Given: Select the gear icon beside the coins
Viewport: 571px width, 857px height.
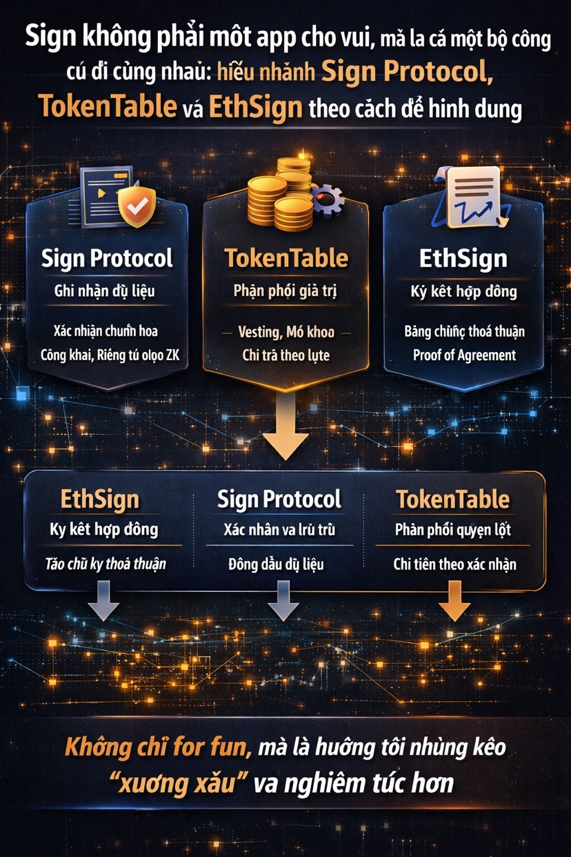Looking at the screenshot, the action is [x=328, y=198].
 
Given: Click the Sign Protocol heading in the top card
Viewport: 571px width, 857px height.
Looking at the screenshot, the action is [x=107, y=259].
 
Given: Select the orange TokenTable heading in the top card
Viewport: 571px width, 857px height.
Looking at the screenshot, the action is [x=285, y=259].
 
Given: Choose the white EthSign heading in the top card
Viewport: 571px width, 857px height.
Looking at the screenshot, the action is [x=463, y=259].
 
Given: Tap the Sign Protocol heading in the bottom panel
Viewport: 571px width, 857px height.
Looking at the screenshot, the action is [x=279, y=499].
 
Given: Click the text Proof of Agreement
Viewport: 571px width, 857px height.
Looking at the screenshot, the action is [x=464, y=355].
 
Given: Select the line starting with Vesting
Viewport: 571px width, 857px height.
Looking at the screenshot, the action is [x=285, y=332].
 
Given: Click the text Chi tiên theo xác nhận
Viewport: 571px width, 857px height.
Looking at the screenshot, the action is [x=454, y=564].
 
